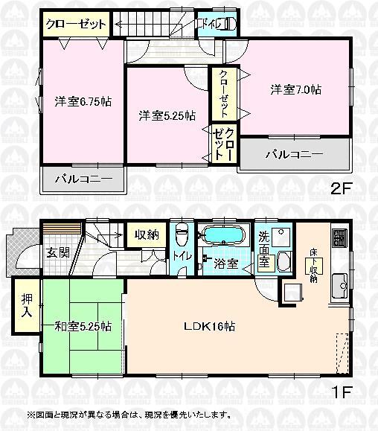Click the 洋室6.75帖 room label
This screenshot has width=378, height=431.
[83, 102]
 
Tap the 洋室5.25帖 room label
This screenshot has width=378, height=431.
[167, 115]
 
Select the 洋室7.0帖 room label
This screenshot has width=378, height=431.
[295, 89]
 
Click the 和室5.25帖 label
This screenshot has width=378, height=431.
[83, 326]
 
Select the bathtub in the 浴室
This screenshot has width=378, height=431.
[223, 235]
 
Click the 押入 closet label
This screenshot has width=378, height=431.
[26, 306]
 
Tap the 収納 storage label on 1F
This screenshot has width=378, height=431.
[147, 235]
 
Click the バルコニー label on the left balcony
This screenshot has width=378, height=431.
[83, 179]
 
